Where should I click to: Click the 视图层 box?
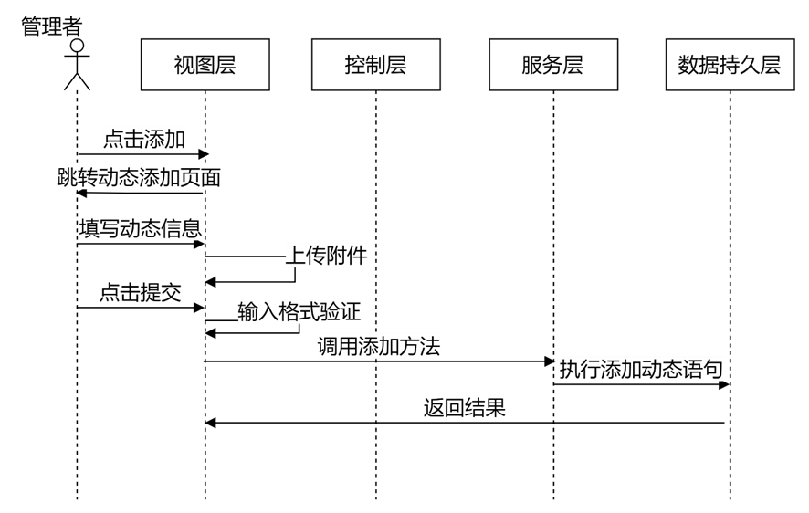click(x=205, y=65)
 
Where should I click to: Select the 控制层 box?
click(x=375, y=65)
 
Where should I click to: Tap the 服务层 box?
click(x=552, y=65)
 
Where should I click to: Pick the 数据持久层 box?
click(x=730, y=65)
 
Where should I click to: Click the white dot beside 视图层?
click(x=77, y=46)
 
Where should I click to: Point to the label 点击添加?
click(x=144, y=140)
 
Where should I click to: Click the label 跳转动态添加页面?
click(x=140, y=177)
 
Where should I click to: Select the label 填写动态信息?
click(x=141, y=228)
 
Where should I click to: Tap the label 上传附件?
click(x=327, y=256)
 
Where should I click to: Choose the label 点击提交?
click(x=141, y=292)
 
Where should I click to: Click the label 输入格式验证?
click(x=299, y=312)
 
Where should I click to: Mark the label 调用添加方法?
click(x=379, y=346)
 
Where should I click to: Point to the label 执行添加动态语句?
click(x=641, y=370)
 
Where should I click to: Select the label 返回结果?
click(x=464, y=407)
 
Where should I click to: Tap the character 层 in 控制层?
click(x=396, y=65)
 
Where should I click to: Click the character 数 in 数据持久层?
click(x=688, y=65)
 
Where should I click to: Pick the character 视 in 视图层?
click(x=184, y=65)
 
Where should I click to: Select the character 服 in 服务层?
click(x=531, y=65)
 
